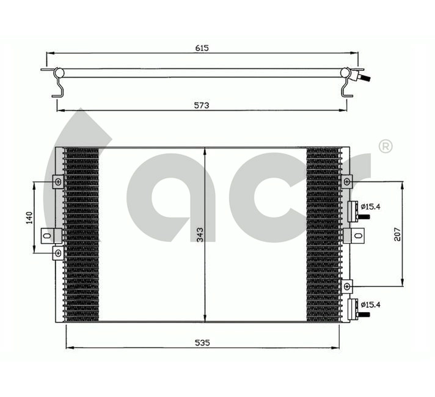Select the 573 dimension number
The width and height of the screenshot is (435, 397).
[202, 105]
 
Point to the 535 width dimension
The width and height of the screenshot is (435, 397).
[203, 343]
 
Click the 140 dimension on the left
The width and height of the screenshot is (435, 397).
[29, 217]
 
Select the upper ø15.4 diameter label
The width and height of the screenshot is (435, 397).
[370, 206]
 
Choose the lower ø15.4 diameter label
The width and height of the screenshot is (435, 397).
[370, 304]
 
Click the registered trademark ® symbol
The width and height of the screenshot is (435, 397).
[386, 146]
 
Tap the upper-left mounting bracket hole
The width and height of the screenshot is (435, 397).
[57, 182]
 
